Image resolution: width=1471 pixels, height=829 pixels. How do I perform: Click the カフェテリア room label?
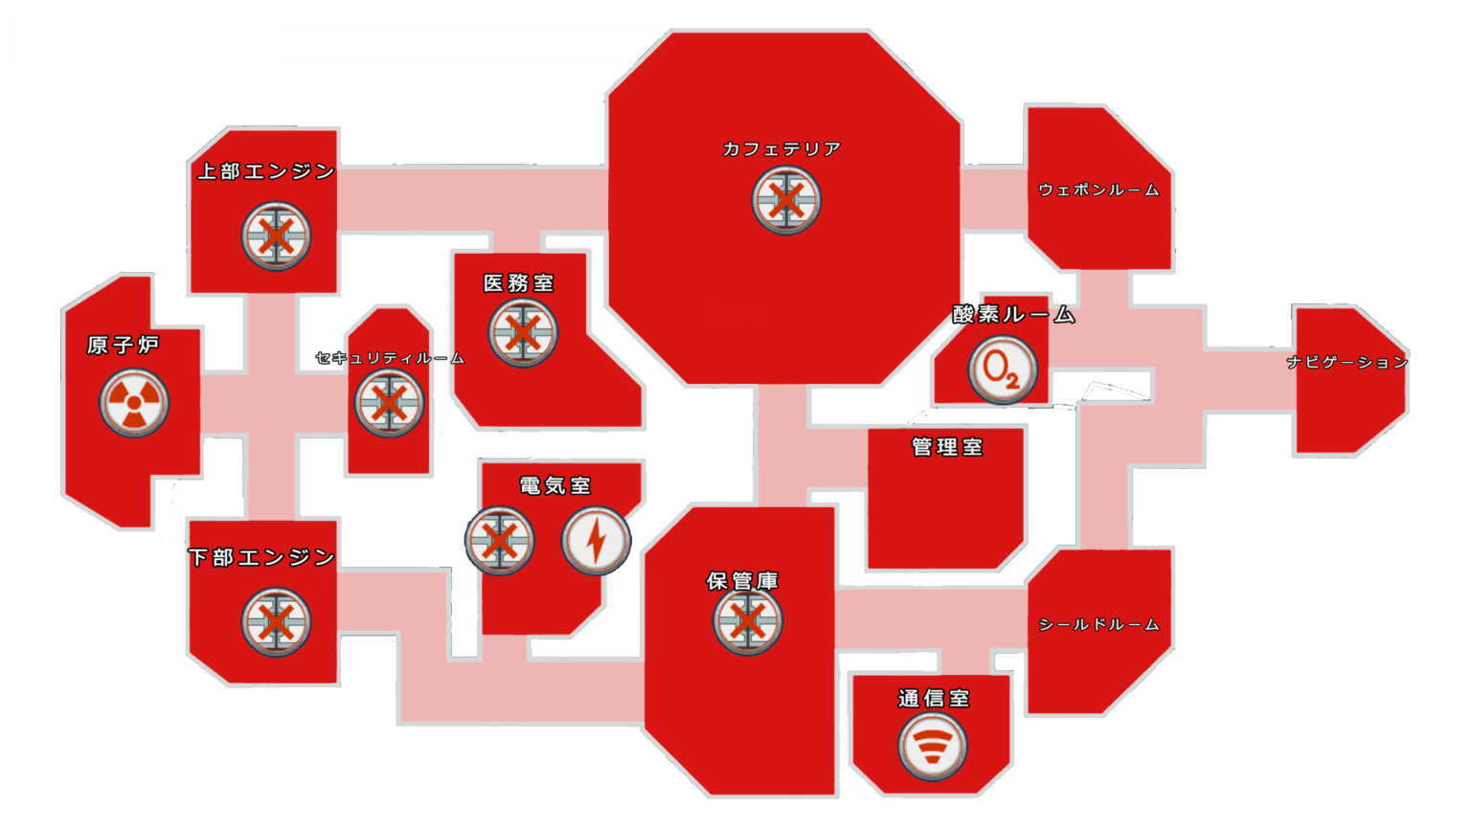coord(781,149)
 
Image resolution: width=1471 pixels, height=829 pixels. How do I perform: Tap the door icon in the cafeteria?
coord(786,200)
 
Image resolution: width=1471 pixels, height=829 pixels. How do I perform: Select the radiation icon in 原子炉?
coord(134,402)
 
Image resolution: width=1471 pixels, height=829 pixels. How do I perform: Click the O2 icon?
coord(1003,370)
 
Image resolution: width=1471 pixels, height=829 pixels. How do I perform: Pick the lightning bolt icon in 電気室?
coord(596,541)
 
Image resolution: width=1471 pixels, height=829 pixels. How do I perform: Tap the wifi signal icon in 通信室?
coord(933,747)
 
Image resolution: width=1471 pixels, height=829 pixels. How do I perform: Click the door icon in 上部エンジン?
coord(276,236)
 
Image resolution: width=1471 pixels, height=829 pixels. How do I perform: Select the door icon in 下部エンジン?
coord(276,622)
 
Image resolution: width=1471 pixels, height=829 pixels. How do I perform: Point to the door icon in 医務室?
coord(523,333)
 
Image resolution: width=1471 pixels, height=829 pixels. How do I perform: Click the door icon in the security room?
coord(389,403)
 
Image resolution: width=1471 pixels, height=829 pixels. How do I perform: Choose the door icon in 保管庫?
coord(747,620)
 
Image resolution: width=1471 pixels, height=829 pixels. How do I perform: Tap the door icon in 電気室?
coord(499,541)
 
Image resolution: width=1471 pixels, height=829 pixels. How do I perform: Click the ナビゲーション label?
coord(1347,362)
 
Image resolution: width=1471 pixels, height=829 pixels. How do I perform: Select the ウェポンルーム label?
coord(1098,190)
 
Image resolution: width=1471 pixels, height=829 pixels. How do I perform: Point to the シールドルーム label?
coord(1098,625)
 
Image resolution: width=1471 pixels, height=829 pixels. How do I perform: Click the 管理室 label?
coord(947,448)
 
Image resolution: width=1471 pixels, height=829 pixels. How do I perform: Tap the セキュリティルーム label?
coord(390,358)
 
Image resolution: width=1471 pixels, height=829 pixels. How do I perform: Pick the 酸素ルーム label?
coord(1014,315)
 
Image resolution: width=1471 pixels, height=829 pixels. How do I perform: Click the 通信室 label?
coord(934,699)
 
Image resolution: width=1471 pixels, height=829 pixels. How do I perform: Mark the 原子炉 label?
coord(124,346)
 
